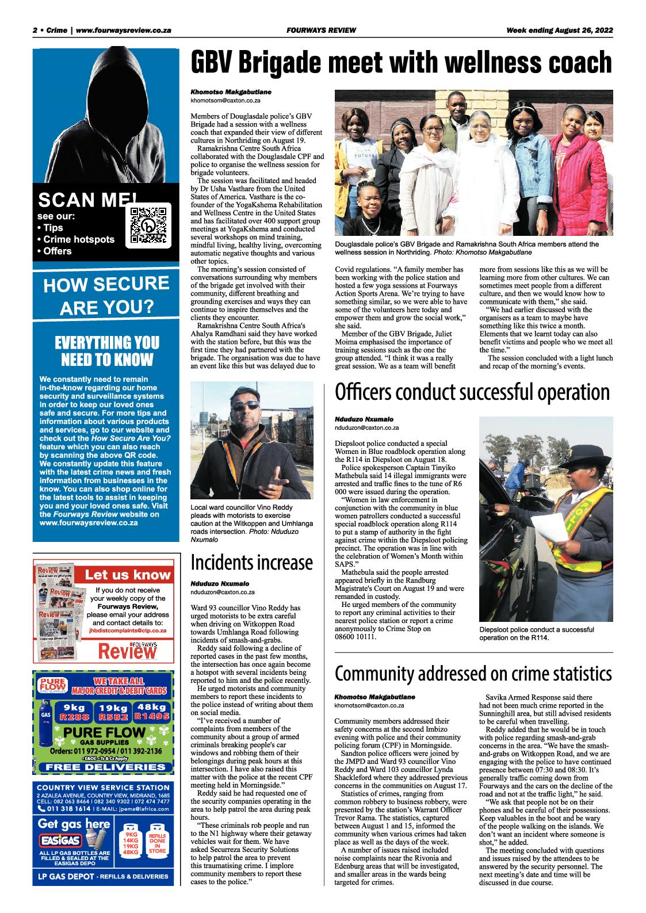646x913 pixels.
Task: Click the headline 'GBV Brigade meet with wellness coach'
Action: (402, 62)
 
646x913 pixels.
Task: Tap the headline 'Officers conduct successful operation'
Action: (472, 392)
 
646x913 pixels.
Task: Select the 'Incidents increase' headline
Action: (252, 562)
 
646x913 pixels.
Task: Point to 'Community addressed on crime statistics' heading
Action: (473, 673)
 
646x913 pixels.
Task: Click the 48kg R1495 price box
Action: (152, 712)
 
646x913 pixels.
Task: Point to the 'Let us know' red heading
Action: (128, 574)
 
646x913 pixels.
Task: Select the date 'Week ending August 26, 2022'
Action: (560, 30)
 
